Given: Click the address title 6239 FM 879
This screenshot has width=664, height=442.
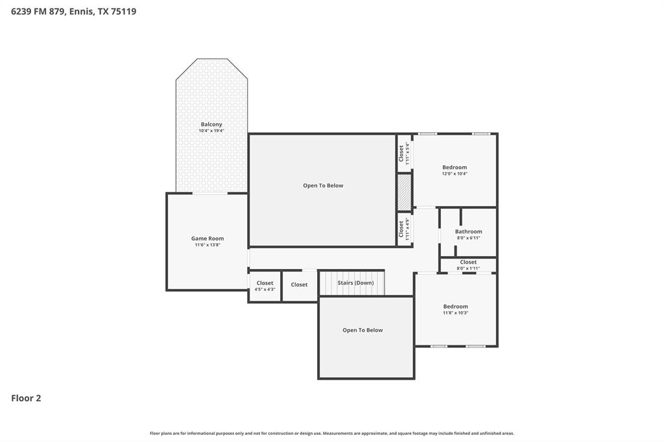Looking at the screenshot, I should click(x=73, y=11).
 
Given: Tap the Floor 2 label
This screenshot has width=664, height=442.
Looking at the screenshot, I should click(x=26, y=398).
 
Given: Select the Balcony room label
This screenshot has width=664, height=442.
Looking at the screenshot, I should click(x=211, y=124).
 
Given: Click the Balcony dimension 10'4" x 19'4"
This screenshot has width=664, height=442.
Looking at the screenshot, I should click(x=211, y=131).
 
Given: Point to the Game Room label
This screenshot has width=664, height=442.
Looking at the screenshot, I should click(x=207, y=238).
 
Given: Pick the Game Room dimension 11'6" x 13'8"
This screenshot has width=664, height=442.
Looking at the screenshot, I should click(x=207, y=245).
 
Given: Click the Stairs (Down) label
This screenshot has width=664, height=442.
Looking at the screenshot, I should click(x=355, y=283).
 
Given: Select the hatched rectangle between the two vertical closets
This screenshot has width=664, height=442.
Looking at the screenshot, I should click(x=405, y=192).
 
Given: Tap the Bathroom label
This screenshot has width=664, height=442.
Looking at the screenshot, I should click(x=468, y=231).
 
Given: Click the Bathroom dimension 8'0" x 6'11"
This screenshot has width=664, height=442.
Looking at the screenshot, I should click(x=468, y=238).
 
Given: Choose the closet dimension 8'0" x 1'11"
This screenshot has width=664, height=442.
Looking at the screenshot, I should click(x=468, y=268).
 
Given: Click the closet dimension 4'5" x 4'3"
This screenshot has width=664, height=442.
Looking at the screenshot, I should click(x=265, y=289).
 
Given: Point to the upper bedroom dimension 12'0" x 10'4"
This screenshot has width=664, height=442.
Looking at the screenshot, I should click(x=455, y=174).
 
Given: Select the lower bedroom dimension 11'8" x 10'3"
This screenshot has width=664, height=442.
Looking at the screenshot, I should click(x=455, y=313).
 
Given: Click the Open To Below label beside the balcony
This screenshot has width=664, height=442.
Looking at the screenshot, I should click(x=323, y=185).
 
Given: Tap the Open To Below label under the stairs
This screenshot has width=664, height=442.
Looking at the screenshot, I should click(x=362, y=330).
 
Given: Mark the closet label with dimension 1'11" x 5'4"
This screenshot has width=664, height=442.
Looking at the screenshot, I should click(x=401, y=153).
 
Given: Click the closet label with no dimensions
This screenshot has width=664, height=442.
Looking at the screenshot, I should click(x=299, y=285).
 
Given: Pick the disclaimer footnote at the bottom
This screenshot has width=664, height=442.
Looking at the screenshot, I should click(x=332, y=433).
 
